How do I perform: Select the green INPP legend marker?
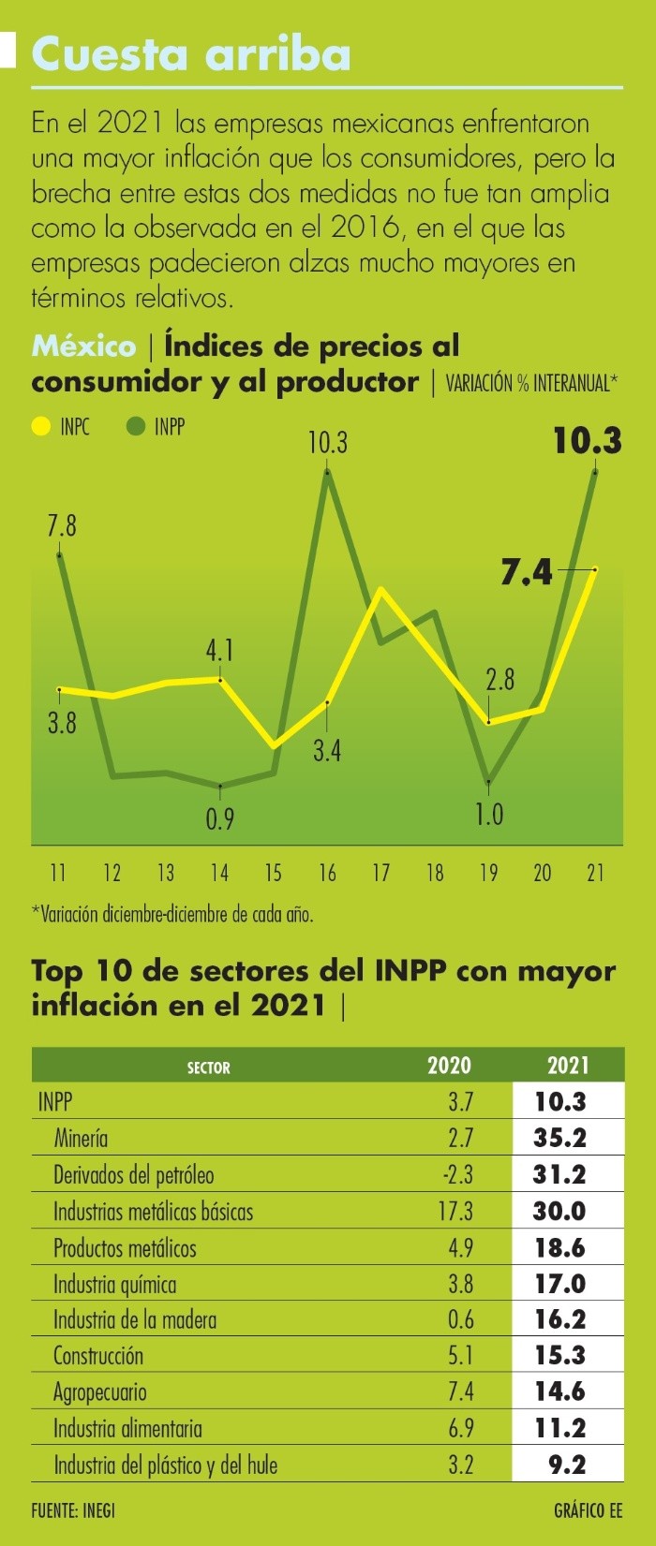tap(136, 427)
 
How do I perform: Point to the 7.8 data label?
tap(62, 525)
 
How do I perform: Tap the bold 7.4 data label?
tap(527, 571)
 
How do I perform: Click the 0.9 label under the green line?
tap(219, 819)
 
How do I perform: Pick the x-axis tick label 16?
tap(327, 873)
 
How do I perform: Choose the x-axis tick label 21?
tap(595, 873)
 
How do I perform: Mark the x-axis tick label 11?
tap(58, 873)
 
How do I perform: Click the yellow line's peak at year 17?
tap(380, 589)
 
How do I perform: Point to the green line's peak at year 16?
tap(327, 471)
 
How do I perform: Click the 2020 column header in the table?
tap(449, 1066)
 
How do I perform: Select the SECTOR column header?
tap(208, 1067)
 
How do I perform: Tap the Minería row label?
tap(81, 1139)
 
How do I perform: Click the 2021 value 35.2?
tap(559, 1138)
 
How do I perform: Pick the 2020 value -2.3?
tap(456, 1174)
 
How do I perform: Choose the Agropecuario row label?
tap(100, 1392)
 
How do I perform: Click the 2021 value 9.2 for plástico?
tap(567, 1465)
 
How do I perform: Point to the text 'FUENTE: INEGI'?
tap(73, 1510)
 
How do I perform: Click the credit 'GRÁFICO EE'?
tap(588, 1510)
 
